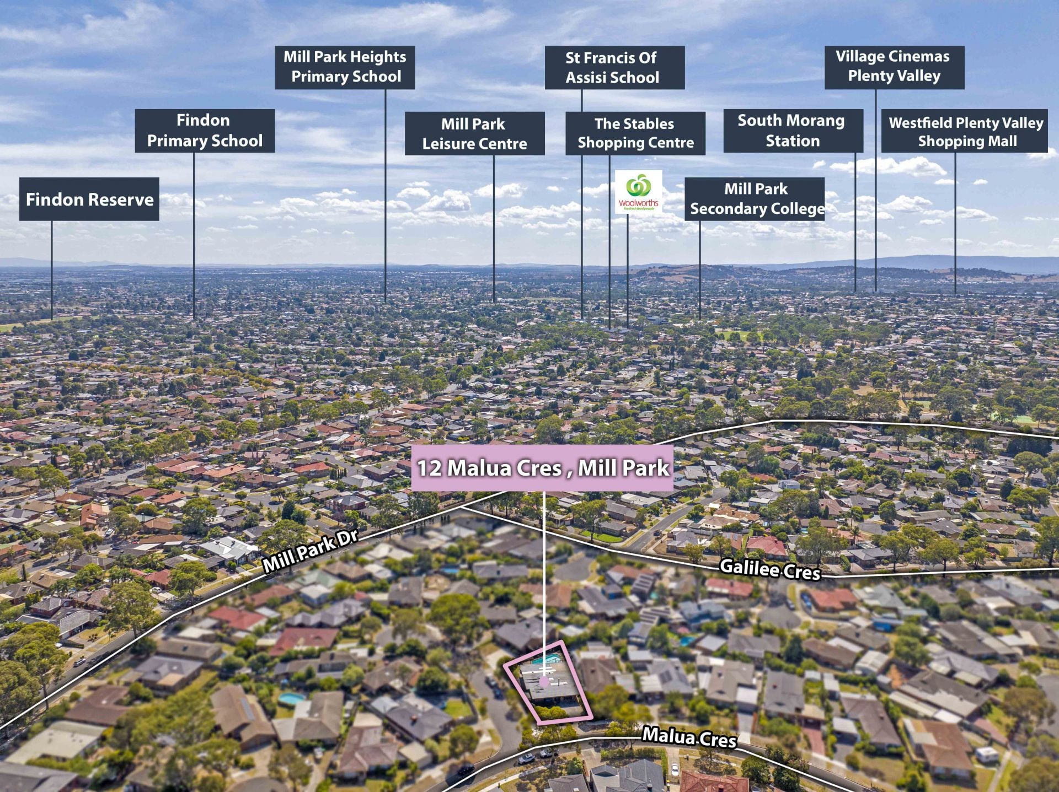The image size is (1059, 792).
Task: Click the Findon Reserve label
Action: click(89, 199)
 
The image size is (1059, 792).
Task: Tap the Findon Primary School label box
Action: click(205, 131)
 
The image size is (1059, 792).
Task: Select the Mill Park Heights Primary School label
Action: click(345, 67)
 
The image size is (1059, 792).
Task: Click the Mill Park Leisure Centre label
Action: click(474, 133)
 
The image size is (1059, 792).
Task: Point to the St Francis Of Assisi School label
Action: click(614, 67)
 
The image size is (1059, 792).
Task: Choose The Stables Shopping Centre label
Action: click(635, 133)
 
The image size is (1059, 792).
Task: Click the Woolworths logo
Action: click(639, 192)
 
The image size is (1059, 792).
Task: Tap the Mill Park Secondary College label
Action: click(755, 199)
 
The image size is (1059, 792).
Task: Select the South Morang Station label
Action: click(793, 131)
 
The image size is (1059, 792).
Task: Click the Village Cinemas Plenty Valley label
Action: click(894, 67)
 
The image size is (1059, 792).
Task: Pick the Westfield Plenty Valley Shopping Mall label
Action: click(965, 131)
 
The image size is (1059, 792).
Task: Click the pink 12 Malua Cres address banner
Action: click(542, 468)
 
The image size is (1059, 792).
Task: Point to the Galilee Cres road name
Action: click(770, 569)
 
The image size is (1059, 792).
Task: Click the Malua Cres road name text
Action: click(689, 737)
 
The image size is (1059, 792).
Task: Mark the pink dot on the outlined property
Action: click(544, 682)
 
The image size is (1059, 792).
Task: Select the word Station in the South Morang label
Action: click(793, 141)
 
